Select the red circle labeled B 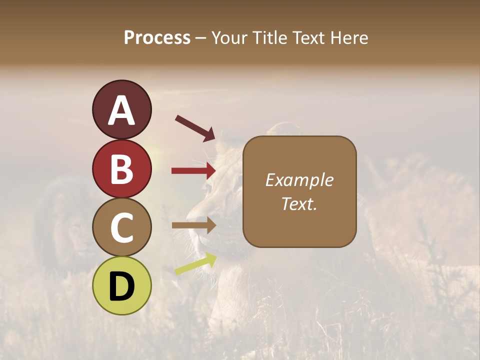(121, 169)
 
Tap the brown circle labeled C (121, 227)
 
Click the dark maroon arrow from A (195, 127)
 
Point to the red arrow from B (193, 171)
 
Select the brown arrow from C (193, 225)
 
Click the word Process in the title (157, 37)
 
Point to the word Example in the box (299, 180)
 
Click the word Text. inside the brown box (299, 203)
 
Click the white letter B (121, 169)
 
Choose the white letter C (121, 228)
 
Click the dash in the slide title (201, 38)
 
